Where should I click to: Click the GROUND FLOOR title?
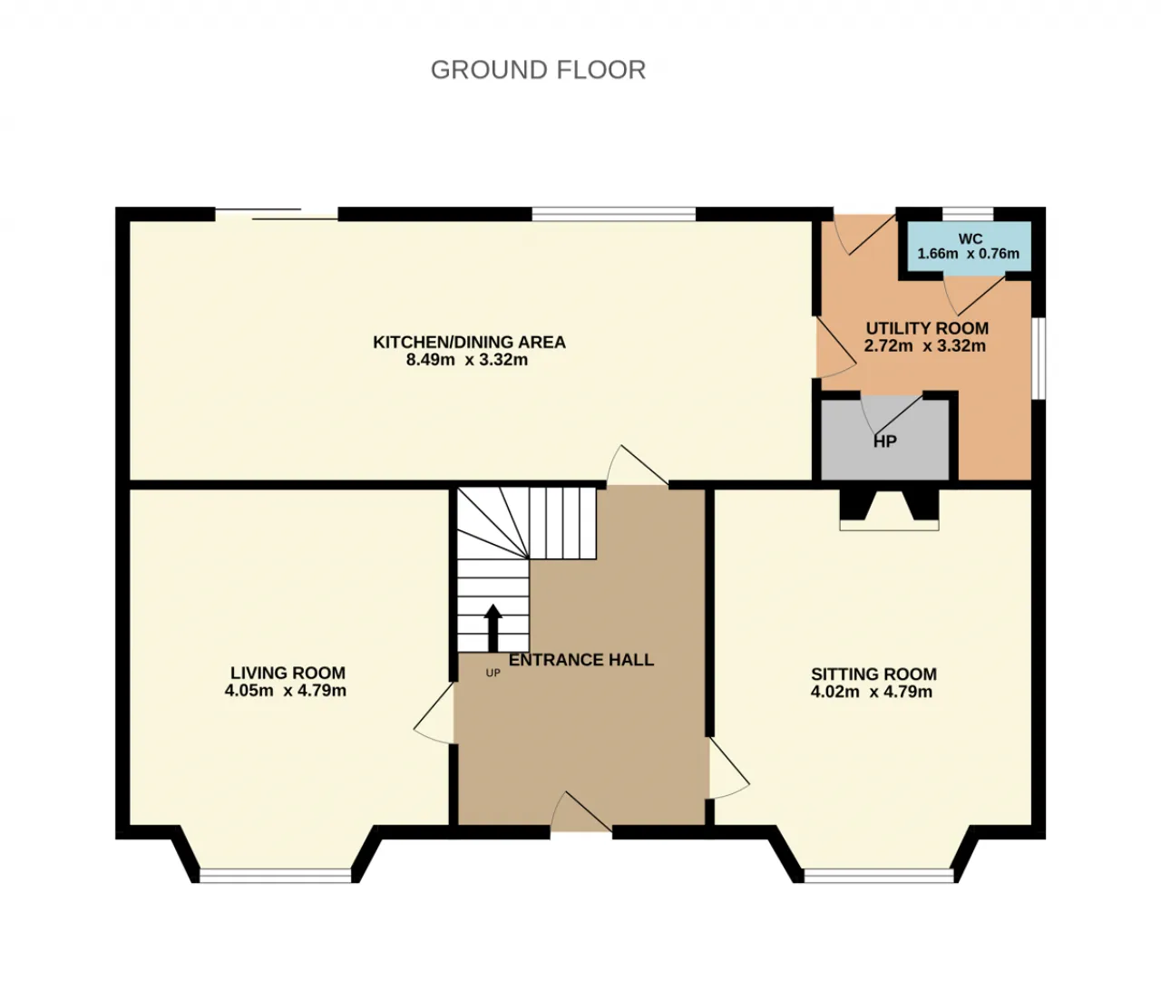[538, 70]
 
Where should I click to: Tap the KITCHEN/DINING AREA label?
[469, 342]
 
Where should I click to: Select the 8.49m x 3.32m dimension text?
[467, 360]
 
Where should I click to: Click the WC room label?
[970, 238]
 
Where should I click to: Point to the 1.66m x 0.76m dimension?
[969, 254]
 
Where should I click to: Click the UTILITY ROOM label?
[927, 328]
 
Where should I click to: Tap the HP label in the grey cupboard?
[885, 441]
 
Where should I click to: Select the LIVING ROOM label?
[288, 673]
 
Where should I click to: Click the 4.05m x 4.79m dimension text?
[286, 690]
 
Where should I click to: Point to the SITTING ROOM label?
[873, 674]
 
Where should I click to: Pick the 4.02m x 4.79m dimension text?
[871, 692]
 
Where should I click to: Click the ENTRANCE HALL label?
[581, 659]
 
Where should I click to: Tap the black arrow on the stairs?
[493, 628]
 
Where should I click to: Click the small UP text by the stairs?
[493, 673]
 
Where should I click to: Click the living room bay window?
[275, 876]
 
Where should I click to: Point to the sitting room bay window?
[879, 876]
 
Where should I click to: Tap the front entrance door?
[580, 812]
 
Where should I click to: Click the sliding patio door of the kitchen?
[277, 214]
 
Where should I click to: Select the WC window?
[968, 214]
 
